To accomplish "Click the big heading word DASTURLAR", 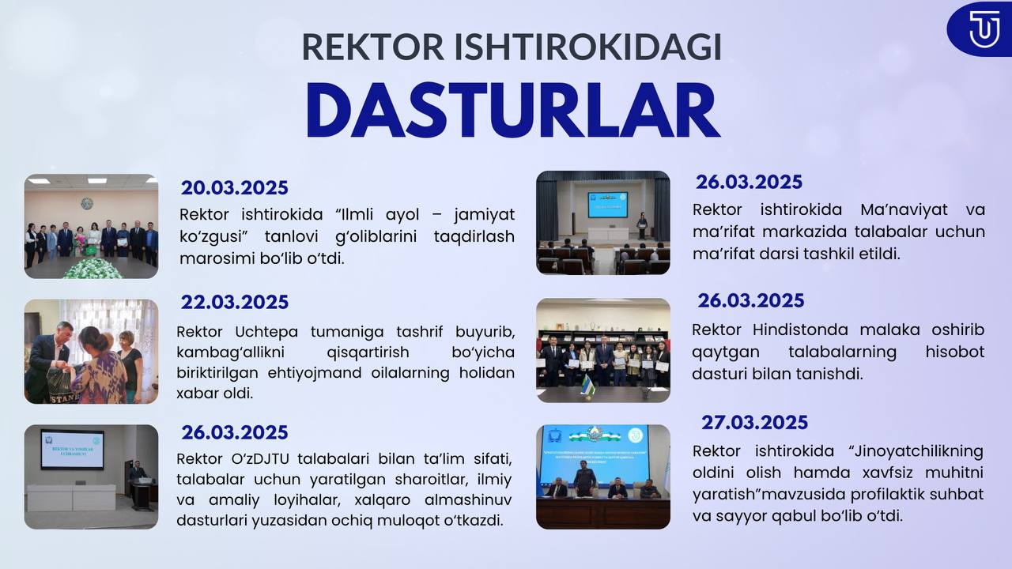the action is pos(513,111).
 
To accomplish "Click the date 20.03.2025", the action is pos(235,188).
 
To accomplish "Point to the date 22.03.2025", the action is pos(235,302).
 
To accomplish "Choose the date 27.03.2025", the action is pos(754,423).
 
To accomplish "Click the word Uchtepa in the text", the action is pos(266,332).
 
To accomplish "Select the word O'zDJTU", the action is pos(260,459).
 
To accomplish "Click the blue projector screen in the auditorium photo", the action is pos(607,204).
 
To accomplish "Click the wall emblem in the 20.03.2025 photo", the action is pos(87,203).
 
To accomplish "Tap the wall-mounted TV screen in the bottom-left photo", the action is pos(72,450).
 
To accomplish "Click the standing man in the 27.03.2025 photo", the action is pos(584,479).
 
